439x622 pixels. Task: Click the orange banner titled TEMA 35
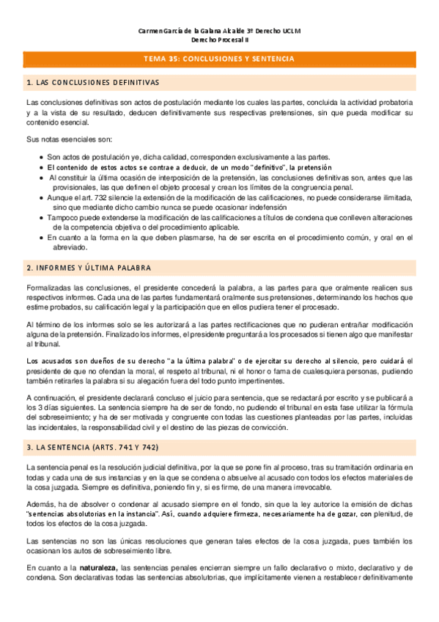[220, 58]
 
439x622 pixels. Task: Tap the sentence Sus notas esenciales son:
[69, 139]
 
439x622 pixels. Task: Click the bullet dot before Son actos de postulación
[40, 158]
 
